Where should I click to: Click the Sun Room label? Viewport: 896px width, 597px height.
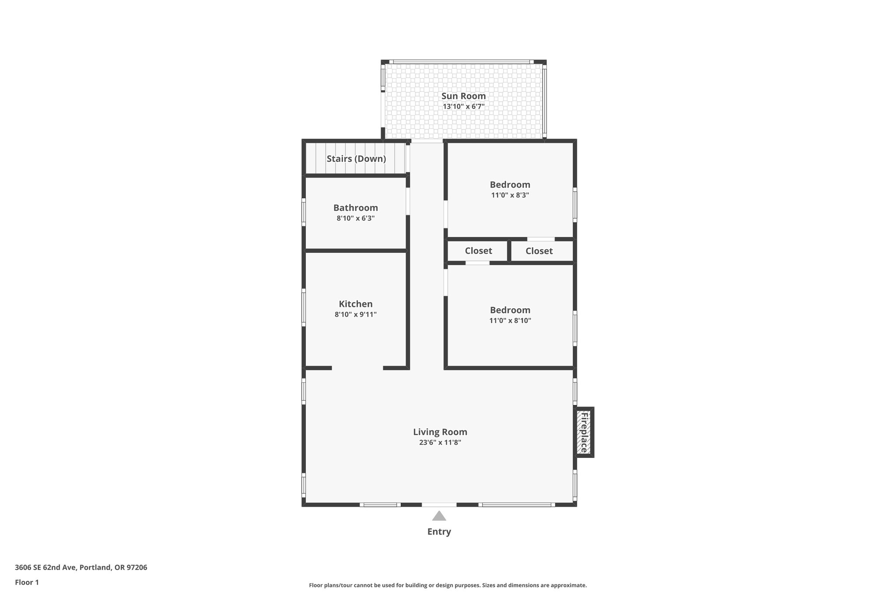pos(463,96)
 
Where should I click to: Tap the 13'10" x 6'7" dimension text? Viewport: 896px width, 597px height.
pos(463,106)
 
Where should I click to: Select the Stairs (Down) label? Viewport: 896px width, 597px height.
pos(356,159)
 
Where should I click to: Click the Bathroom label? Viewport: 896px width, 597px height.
pos(355,208)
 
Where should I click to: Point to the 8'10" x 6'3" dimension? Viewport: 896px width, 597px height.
pos(355,218)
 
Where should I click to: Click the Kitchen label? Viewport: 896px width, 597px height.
pos(355,304)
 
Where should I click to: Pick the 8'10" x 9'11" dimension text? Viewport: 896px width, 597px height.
pos(355,314)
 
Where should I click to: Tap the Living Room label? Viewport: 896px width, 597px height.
pos(440,432)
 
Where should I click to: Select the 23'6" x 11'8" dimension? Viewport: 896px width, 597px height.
pos(440,443)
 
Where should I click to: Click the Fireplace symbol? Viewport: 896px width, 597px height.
pos(584,432)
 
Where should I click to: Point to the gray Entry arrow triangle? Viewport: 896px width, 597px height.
pos(439,516)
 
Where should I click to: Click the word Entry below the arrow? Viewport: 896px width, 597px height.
pos(439,532)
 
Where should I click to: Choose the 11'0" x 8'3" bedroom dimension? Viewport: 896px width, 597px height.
pos(510,195)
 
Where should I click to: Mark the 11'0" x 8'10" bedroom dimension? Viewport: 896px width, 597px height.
pos(510,321)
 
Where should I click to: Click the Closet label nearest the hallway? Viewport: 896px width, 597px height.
pos(478,251)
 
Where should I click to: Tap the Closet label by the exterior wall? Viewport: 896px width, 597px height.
pos(539,251)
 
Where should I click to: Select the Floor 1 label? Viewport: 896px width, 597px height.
pos(27,582)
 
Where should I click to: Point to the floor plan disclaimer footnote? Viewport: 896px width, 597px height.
pos(448,585)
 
